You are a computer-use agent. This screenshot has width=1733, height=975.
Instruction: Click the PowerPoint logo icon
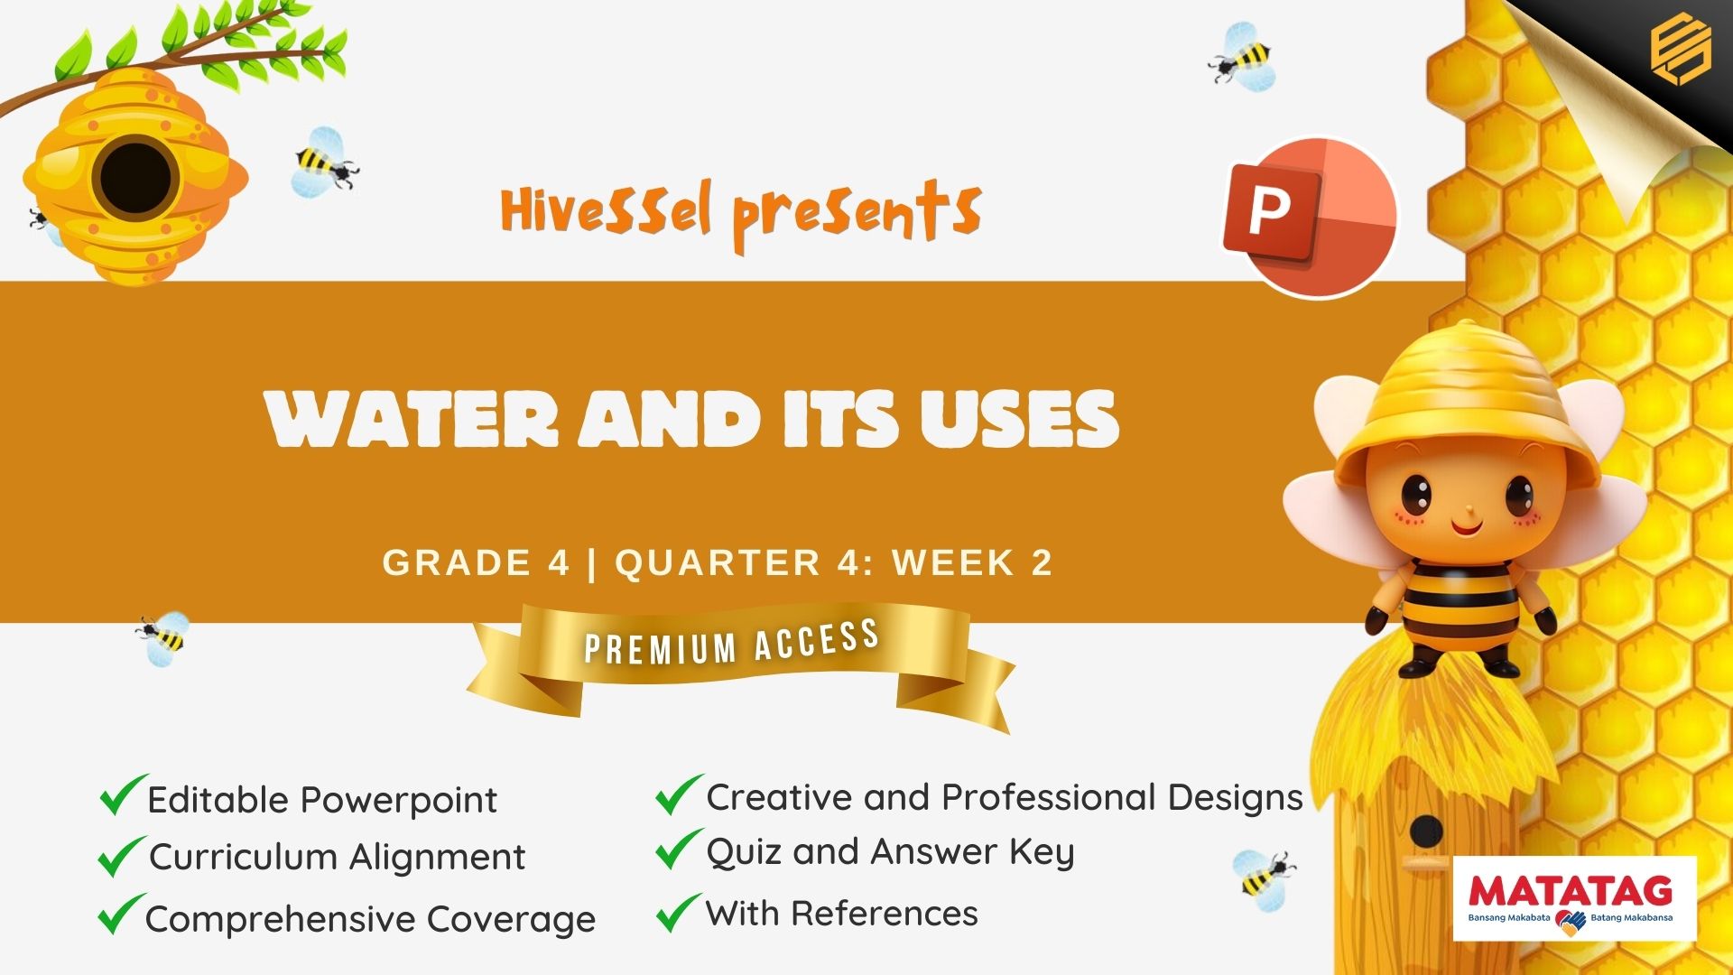coord(1310,217)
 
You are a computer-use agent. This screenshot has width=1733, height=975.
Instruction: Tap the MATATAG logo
coord(1575,898)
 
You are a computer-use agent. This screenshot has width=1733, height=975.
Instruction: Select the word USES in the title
coord(1019,419)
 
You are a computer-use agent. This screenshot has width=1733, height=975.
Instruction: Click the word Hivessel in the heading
coord(606,209)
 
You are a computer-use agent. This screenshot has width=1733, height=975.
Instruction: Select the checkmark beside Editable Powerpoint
coord(123,794)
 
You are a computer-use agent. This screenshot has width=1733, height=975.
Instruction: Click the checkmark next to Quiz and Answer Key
coord(679,849)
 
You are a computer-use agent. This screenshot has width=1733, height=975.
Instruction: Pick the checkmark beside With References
coord(679,912)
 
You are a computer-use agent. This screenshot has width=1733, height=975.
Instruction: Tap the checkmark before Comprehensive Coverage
coord(122,914)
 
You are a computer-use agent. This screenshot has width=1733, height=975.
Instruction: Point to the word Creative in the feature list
coord(779,797)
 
